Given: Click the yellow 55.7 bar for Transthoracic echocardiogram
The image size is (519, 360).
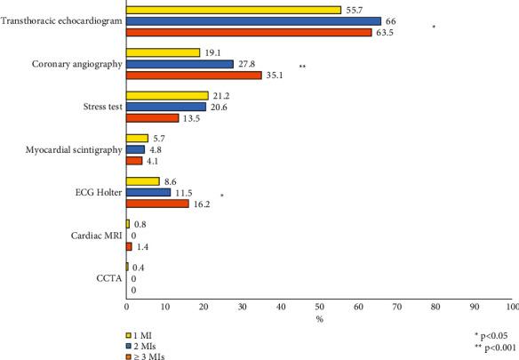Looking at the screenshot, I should (x=233, y=10).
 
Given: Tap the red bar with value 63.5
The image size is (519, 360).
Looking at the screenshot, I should (x=248, y=33).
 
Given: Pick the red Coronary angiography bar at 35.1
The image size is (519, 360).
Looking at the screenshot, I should (x=194, y=76).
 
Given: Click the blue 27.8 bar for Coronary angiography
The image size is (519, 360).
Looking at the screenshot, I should (x=180, y=64).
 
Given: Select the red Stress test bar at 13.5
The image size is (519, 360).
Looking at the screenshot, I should (x=152, y=118).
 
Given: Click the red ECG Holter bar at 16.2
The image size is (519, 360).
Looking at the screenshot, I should (x=157, y=204).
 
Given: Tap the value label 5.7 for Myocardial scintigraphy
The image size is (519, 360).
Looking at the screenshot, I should (x=161, y=139).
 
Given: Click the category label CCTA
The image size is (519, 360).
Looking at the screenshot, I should (x=108, y=278).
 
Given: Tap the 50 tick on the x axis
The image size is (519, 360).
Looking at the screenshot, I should (x=319, y=308).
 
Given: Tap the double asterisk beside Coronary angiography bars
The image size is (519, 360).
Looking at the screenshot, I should (x=303, y=67).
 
